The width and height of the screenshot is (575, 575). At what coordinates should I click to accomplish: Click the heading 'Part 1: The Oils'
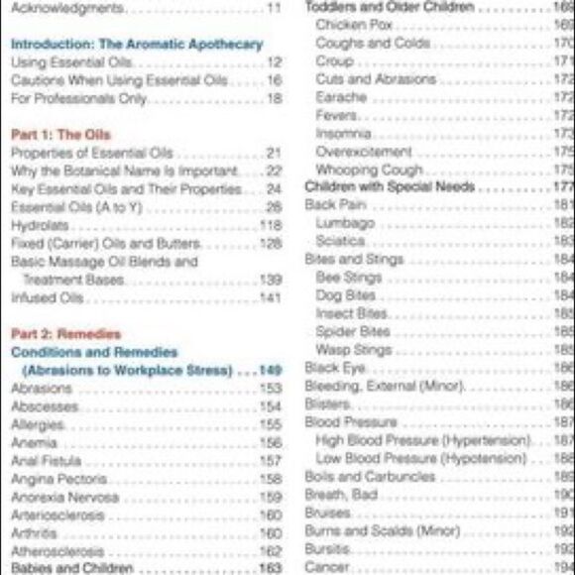(x=60, y=134)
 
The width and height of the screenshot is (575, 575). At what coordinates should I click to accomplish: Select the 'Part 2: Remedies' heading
(x=65, y=334)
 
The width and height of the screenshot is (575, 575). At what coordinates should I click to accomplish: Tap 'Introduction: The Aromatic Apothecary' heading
(x=136, y=44)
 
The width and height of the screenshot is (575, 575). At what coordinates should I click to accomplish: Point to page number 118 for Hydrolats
(x=271, y=225)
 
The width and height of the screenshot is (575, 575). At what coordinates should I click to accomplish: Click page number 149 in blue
(x=271, y=371)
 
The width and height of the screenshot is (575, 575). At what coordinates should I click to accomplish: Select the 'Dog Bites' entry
(x=345, y=295)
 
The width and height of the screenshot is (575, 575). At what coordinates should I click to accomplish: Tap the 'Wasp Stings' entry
(x=353, y=350)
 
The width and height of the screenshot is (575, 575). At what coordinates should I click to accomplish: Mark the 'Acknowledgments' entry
(x=67, y=8)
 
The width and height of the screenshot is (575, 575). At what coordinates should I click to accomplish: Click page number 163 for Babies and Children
(x=271, y=569)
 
